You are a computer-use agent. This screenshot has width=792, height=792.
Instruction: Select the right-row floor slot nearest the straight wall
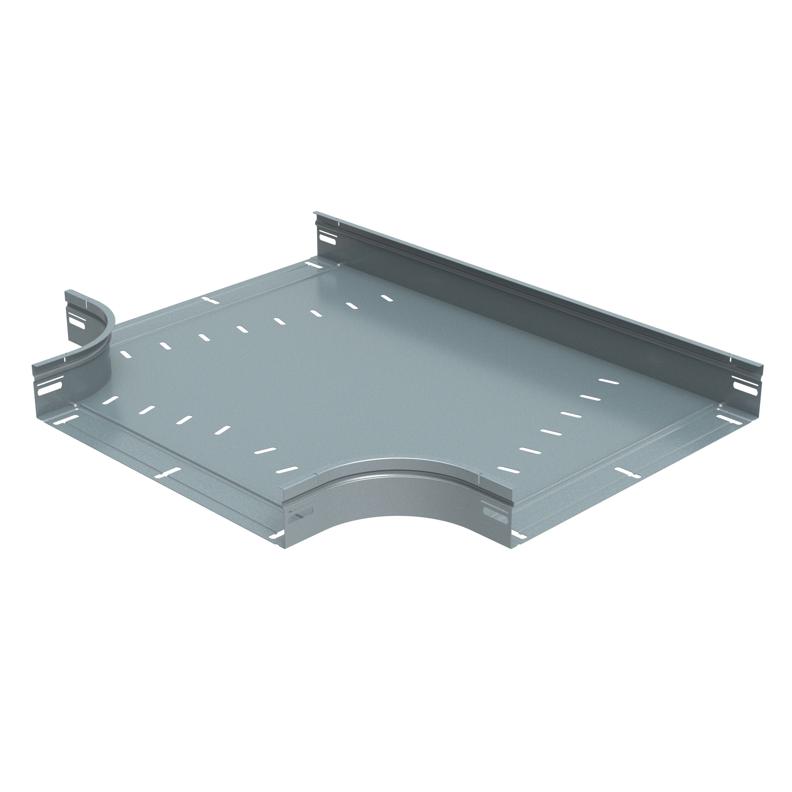[x=608, y=381]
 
